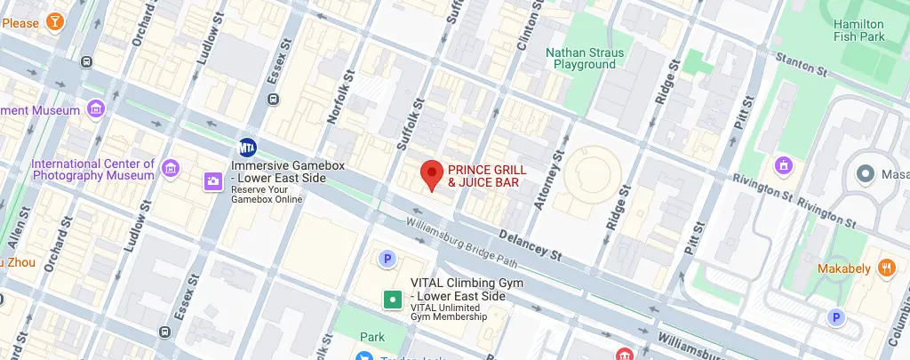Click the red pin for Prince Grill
point(432,172)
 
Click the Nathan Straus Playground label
point(584,59)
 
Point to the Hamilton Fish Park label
point(858,30)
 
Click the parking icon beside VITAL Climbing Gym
point(387,259)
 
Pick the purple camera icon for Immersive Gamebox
point(213,181)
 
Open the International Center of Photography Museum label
point(93,170)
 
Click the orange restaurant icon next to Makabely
point(885,267)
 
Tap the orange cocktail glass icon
point(55,20)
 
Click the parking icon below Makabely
point(835,317)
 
